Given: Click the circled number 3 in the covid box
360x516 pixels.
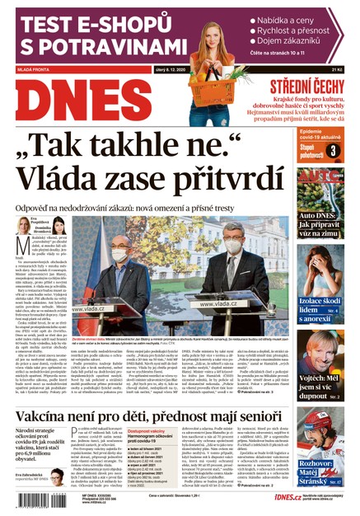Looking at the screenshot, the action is click(332, 150).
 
